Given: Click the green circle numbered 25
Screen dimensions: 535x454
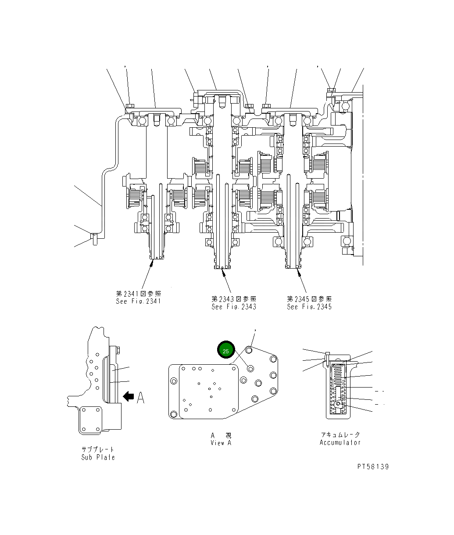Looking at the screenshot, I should (x=226, y=351).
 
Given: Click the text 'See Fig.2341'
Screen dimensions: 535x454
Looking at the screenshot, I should (x=139, y=302).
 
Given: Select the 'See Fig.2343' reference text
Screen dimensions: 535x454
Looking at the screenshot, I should (x=234, y=307).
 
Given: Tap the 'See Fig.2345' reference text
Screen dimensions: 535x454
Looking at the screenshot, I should (x=309, y=307).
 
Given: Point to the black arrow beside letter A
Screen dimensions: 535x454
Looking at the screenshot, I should (x=129, y=397).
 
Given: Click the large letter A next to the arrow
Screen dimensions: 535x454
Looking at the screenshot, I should (x=140, y=398).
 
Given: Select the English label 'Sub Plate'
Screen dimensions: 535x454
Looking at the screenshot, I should (x=98, y=457).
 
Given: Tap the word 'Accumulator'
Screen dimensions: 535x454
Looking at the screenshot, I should (x=340, y=442).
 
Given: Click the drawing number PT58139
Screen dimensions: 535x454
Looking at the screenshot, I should (x=372, y=467).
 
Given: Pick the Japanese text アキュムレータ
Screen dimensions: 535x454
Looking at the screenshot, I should (x=340, y=435).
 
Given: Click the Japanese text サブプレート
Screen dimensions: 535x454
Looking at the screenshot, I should (x=98, y=450).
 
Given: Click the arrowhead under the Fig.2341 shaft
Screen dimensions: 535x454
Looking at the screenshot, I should (x=152, y=262).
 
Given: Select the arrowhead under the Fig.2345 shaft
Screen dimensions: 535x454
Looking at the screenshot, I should (x=299, y=272).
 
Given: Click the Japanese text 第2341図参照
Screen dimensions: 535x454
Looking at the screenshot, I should (x=139, y=294).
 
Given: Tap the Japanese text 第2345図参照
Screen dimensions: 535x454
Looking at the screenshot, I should (x=309, y=299).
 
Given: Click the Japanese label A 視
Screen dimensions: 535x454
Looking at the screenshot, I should (x=221, y=435).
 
